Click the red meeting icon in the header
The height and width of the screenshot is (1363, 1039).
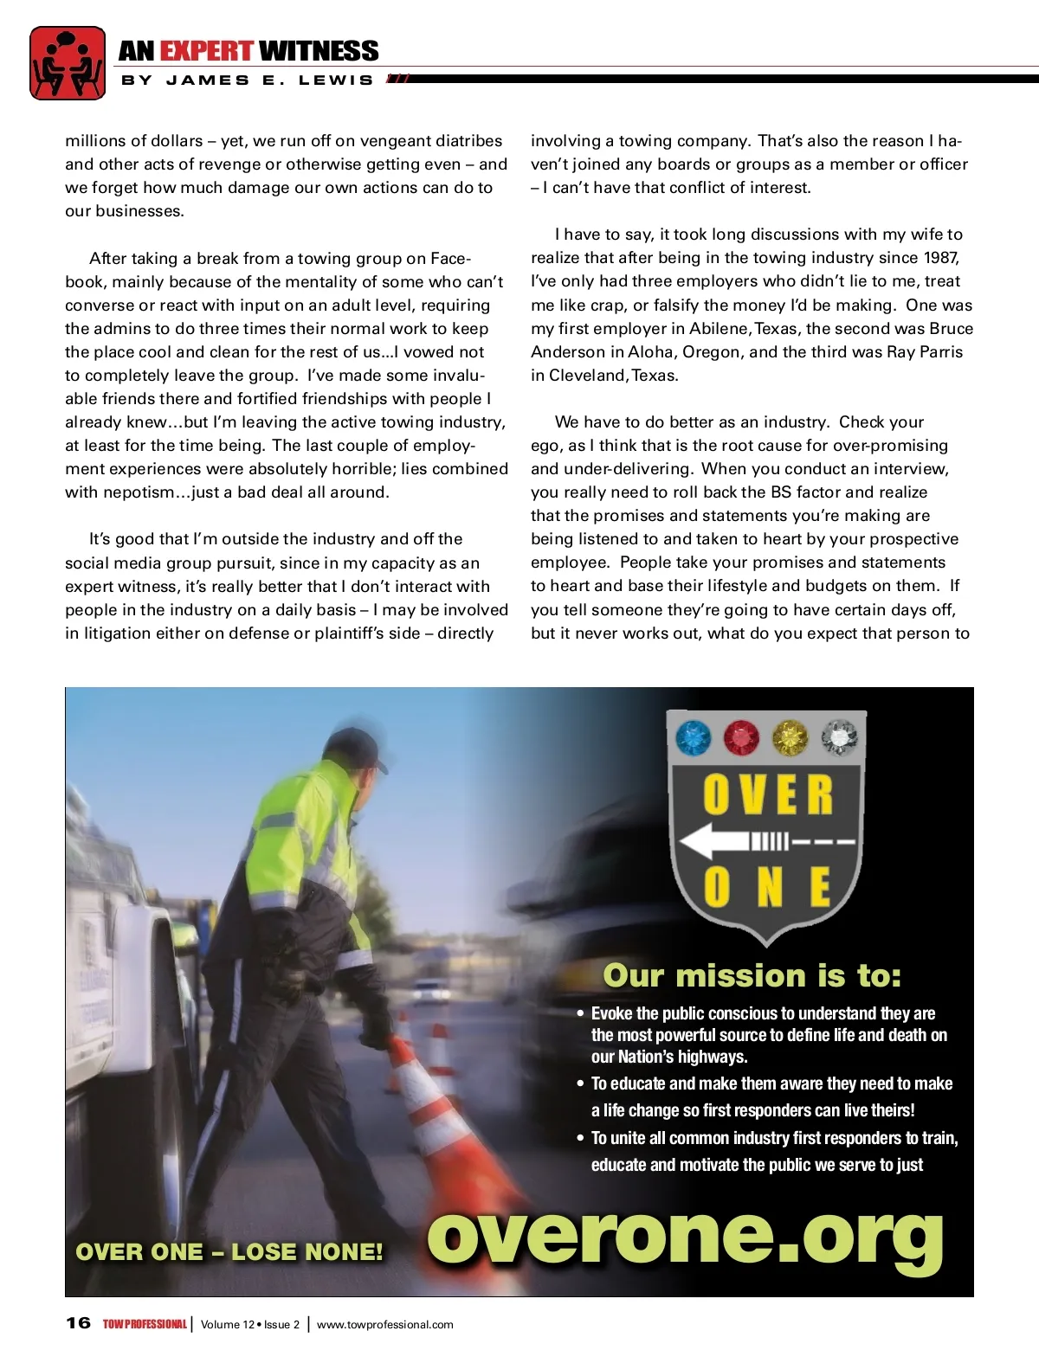pos(68,62)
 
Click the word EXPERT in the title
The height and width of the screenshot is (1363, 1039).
pos(206,51)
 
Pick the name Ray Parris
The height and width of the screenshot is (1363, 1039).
pos(925,352)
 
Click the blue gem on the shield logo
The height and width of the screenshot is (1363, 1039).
pos(693,738)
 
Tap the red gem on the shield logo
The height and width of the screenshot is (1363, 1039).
pos(740,738)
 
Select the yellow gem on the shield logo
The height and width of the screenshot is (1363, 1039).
pos(789,738)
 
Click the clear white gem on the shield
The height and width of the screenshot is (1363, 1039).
pos(837,738)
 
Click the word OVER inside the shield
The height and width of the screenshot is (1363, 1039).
pos(767,794)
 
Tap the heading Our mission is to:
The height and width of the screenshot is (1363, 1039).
pos(752,976)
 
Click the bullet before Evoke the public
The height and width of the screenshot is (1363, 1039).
pos(581,1013)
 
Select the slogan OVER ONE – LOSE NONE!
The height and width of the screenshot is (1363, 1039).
pos(229,1252)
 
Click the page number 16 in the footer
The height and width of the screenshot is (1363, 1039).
pos(78,1323)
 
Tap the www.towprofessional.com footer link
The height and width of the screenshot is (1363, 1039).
pos(384,1324)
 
